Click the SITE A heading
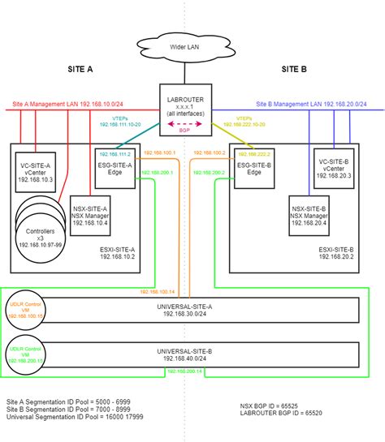click(x=80, y=70)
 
